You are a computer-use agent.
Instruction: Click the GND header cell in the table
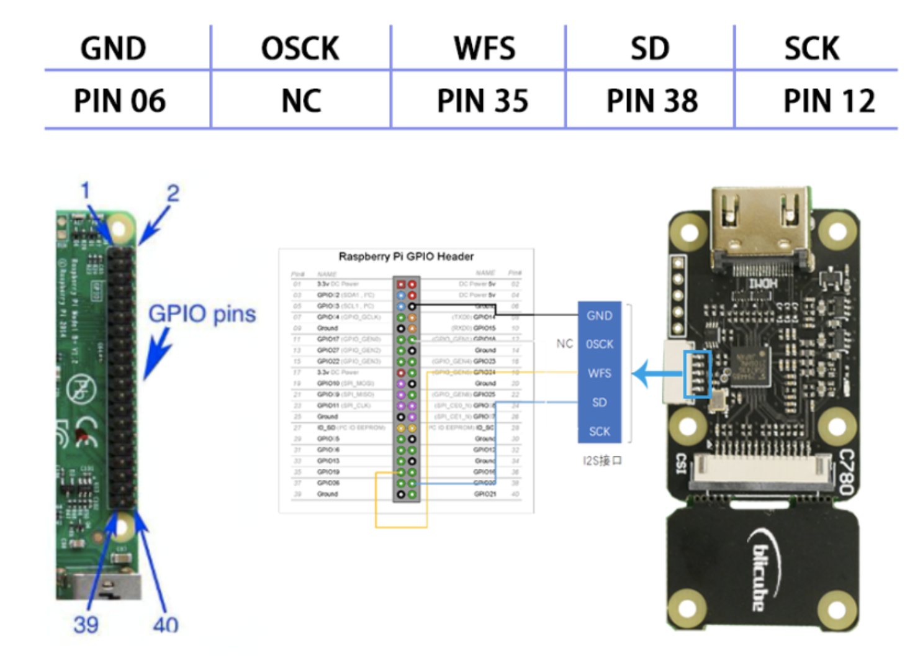[x=114, y=48]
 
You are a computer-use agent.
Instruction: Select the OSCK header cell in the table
[x=300, y=48]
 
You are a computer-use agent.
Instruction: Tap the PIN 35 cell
[x=482, y=101]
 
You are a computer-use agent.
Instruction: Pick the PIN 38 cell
[x=652, y=101]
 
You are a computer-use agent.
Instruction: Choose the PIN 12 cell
[x=829, y=101]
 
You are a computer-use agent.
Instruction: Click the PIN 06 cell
[x=120, y=101]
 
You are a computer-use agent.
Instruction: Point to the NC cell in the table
[x=301, y=101]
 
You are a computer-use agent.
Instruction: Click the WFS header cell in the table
[x=485, y=48]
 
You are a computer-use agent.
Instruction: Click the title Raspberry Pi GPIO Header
[x=406, y=256]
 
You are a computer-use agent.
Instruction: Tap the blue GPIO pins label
[x=202, y=314]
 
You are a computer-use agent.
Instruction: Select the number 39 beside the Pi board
[x=86, y=624]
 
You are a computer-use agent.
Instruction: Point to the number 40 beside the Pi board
[x=165, y=624]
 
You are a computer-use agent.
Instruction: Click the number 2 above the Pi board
[x=173, y=193]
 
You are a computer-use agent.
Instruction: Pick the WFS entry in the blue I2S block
[x=600, y=373]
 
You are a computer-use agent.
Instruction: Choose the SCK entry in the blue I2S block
[x=600, y=432]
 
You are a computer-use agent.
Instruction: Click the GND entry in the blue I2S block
[x=600, y=315]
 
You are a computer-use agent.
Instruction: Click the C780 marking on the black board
[x=846, y=472]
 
